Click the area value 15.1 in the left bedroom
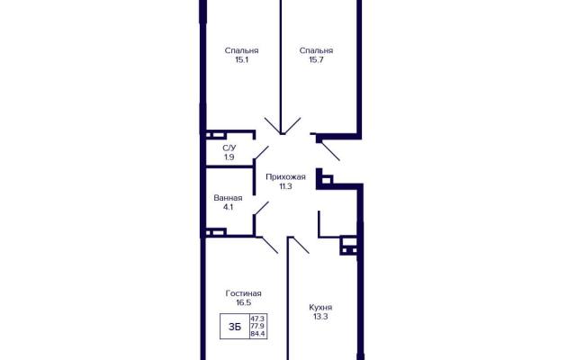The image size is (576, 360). coord(242,60)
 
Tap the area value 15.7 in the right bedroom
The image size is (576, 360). coord(316,60)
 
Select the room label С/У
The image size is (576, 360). coord(229,148)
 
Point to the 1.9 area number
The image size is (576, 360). coord(229,157)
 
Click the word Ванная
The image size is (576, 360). coord(228,198)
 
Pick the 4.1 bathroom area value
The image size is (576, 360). coord(228,207)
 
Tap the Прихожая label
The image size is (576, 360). coord(286,177)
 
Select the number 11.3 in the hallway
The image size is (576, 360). coord(286,186)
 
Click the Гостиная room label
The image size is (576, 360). coord(244,293)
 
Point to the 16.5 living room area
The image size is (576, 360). coord(244,302)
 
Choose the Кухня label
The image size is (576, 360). coord(320,307)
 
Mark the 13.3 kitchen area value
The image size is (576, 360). coord(320,317)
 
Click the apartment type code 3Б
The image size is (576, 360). coord(235,327)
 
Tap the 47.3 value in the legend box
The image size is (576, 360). coord(258,318)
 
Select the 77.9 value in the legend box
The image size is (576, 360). coord(258,326)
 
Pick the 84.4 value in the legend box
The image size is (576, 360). coord(258,334)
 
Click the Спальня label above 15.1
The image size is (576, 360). coord(242,50)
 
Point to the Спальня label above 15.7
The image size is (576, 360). coord(316,50)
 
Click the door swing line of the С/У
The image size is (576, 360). coord(261,153)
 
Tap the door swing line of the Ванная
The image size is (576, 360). coord(261,208)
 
